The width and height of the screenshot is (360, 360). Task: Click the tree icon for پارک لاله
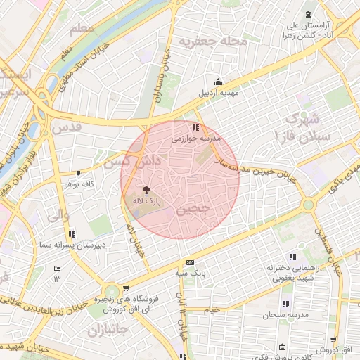click(x=146, y=190)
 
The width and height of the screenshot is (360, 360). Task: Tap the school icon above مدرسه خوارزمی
click(x=196, y=128)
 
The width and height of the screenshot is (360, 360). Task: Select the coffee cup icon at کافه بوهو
click(x=79, y=173)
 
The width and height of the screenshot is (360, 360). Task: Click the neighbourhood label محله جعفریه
click(x=214, y=41)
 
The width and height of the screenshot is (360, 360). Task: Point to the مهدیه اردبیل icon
click(x=218, y=81)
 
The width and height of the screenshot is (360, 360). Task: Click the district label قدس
click(x=67, y=127)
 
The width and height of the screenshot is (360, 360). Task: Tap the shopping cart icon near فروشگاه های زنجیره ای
click(x=125, y=288)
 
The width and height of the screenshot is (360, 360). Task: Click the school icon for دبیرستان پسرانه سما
click(x=72, y=233)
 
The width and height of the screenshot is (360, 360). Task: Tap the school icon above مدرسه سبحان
click(x=285, y=304)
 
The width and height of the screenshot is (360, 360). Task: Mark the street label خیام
click(x=211, y=309)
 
